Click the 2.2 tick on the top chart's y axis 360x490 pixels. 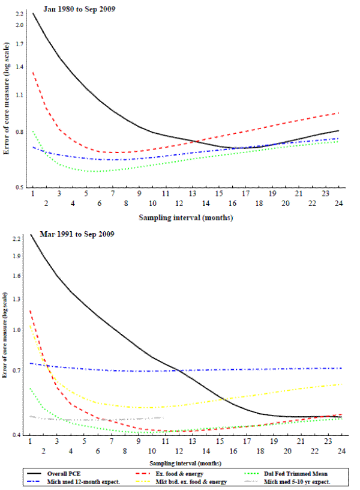pyautogui.click(x=20, y=13)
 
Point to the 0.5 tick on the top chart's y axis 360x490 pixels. pyautogui.click(x=20, y=187)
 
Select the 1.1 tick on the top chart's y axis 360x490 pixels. pyautogui.click(x=20, y=95)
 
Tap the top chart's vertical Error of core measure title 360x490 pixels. pyautogui.click(x=7, y=99)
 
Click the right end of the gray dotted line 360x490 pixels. pyautogui.click(x=163, y=417)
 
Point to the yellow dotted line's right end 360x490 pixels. pyautogui.click(x=341, y=384)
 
